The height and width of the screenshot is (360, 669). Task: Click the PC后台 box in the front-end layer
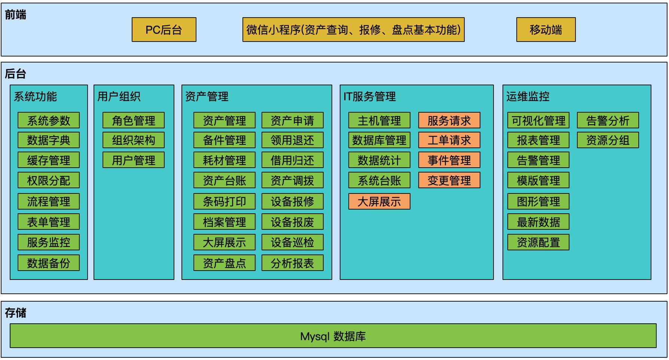click(x=164, y=30)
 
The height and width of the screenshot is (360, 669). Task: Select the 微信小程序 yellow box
click(x=353, y=30)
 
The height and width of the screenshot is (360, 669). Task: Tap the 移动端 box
click(x=546, y=30)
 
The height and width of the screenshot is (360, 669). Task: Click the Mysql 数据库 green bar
click(x=333, y=336)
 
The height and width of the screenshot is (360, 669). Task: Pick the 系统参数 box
click(x=49, y=120)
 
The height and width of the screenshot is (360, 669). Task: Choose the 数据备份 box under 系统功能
click(x=49, y=263)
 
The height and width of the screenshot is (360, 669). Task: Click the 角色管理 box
click(x=134, y=120)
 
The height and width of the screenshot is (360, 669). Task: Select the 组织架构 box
click(x=134, y=140)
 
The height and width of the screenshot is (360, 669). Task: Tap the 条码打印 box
click(x=224, y=201)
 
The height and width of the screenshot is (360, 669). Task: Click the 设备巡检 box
click(x=292, y=242)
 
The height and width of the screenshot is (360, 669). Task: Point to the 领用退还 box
click(x=292, y=140)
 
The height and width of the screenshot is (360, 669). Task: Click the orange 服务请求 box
click(x=449, y=120)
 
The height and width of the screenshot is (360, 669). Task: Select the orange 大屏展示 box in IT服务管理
click(x=379, y=201)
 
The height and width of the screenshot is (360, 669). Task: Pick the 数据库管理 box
click(x=379, y=140)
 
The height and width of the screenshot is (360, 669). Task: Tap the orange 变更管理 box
click(x=449, y=180)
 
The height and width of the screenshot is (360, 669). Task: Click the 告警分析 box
click(x=608, y=120)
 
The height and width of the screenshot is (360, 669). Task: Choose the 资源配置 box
click(x=538, y=242)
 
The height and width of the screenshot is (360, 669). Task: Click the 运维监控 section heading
click(x=528, y=97)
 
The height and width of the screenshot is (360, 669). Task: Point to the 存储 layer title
click(x=15, y=312)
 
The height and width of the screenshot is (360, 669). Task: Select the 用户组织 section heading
click(x=119, y=97)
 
